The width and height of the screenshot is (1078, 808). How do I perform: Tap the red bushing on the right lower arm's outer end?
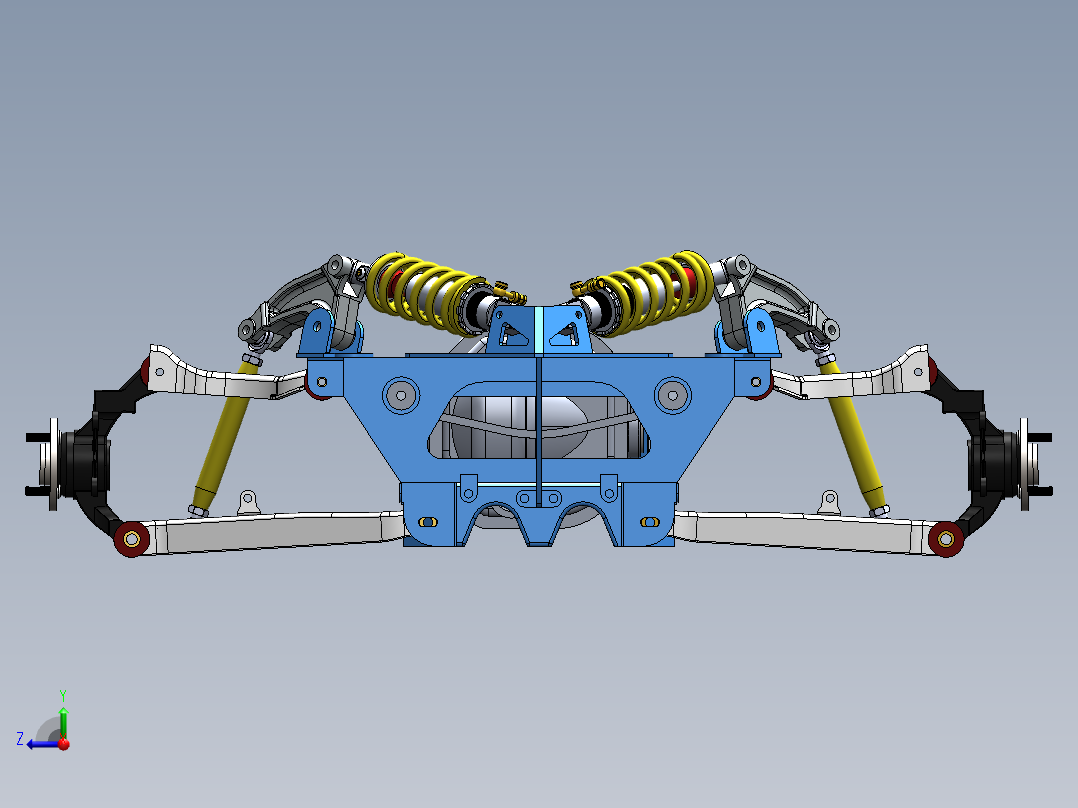point(945,540)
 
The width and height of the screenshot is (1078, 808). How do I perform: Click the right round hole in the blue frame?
point(672,393)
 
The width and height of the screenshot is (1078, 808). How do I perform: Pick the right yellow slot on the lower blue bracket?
point(648,522)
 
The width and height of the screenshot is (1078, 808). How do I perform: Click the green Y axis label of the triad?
point(62,693)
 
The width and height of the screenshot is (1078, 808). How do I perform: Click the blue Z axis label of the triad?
point(20,739)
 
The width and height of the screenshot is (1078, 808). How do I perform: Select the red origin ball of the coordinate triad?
point(63,743)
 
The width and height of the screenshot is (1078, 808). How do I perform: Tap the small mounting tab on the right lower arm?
point(828,499)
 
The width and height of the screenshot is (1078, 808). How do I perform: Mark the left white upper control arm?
point(225,378)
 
